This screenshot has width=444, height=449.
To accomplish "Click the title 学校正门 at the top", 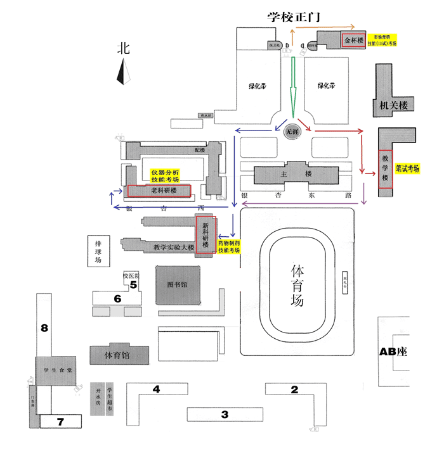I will (x=296, y=17).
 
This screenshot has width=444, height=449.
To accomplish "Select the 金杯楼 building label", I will (x=354, y=41).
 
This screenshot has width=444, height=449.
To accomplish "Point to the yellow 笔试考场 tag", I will (x=408, y=169).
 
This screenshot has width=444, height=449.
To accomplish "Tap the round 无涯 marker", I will (x=292, y=131).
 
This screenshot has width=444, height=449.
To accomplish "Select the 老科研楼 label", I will (x=163, y=191).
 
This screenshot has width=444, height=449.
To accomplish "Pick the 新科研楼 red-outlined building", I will (x=206, y=234).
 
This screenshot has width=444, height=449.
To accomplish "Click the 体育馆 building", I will (x=120, y=355).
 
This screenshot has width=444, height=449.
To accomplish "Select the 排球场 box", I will (x=98, y=251).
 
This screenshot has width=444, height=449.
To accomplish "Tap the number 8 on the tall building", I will (x=44, y=327).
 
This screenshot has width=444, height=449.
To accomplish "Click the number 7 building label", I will (x=60, y=421).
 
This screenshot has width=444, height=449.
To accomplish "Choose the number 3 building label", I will (x=224, y=415).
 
